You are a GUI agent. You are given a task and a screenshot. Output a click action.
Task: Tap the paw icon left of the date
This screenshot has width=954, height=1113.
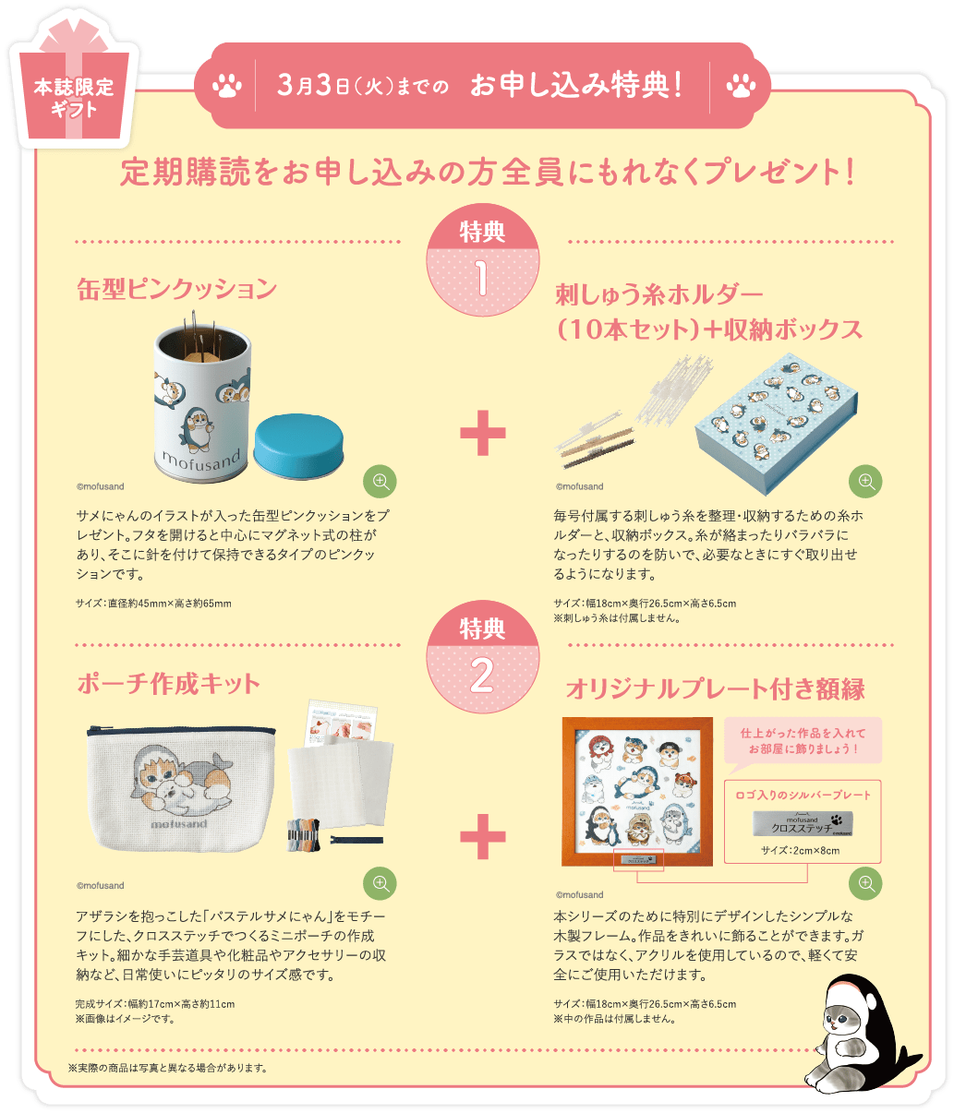[226, 87]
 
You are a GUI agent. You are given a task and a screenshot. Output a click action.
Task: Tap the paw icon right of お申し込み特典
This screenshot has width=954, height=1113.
[741, 87]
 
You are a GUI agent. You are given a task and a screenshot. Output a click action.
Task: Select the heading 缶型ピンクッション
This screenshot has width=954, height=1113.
[176, 289]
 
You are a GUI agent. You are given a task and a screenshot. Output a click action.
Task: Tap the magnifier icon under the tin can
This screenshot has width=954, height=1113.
[380, 481]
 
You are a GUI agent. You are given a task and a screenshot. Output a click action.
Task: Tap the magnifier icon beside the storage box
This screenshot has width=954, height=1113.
[865, 481]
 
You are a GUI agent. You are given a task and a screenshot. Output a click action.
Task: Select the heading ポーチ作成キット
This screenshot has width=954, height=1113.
[168, 684]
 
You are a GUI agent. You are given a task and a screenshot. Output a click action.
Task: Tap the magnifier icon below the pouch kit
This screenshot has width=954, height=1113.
[380, 883]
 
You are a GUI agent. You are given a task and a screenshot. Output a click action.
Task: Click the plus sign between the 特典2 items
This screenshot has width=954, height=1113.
[482, 837]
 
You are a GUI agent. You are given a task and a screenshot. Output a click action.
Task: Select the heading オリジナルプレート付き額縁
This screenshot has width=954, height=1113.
[715, 688]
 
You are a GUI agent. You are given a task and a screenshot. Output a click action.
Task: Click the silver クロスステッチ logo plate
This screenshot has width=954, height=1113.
[802, 824]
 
